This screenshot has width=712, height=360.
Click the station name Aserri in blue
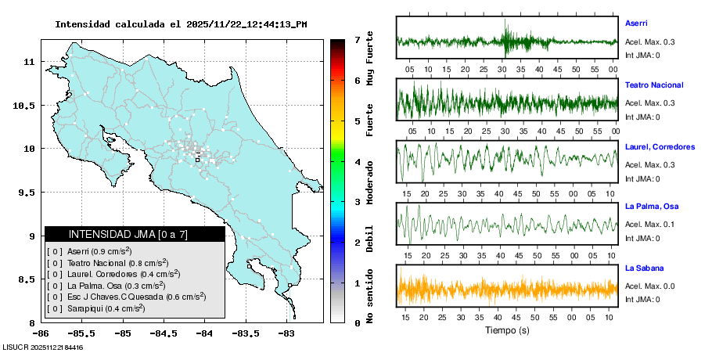tap(635, 23)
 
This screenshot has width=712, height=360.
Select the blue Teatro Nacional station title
tap(654, 85)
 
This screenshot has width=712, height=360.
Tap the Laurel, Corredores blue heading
tap(660, 146)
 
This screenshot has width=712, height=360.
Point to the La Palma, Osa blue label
tap(652, 207)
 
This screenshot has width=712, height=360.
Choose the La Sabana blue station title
tap(644, 268)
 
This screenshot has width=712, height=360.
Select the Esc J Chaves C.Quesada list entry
tap(125, 297)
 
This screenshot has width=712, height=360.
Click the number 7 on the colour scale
tap(357, 39)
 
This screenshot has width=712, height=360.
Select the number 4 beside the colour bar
tap(357, 162)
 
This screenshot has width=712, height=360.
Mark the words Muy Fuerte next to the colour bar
tap(369, 58)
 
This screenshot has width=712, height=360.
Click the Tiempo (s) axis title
tap(506, 330)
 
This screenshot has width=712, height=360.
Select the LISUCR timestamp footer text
tap(43, 347)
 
